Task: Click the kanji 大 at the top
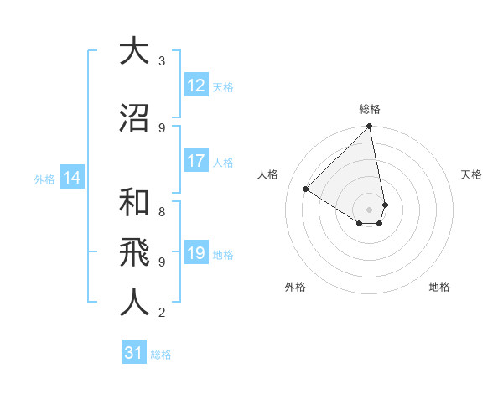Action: coord(134,51)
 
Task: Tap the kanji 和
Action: coord(134,204)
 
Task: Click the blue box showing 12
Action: coord(196,86)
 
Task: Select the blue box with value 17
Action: coord(196,162)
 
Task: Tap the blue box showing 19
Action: coord(196,254)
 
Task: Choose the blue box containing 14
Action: coord(71,178)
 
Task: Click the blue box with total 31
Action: coord(134,353)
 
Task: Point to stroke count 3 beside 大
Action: coord(162,60)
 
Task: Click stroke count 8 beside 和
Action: coord(162,202)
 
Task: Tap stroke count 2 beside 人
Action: coord(162,313)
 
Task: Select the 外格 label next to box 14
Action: coord(44,179)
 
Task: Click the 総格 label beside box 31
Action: coord(161,354)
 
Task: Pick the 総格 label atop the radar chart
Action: coord(370,109)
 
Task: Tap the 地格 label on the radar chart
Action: coord(439,287)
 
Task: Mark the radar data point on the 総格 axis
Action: coord(370,127)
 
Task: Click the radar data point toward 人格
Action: coord(306,189)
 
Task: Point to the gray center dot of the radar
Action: coord(370,209)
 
